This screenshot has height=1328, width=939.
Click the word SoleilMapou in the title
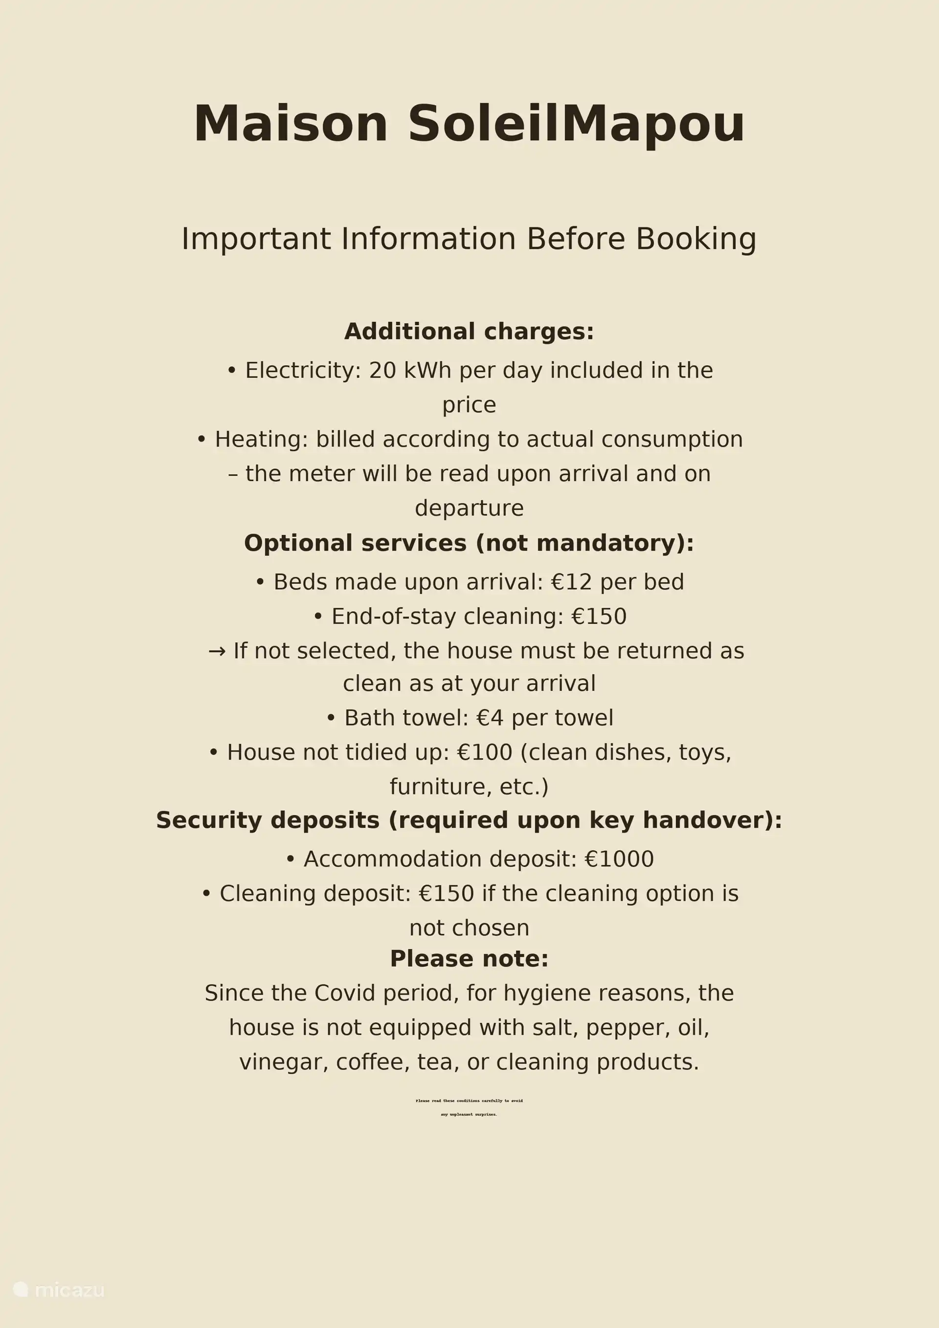pos(576,124)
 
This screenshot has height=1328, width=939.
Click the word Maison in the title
pos(291,124)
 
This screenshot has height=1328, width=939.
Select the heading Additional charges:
pos(469,332)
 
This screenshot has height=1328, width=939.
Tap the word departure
pos(469,508)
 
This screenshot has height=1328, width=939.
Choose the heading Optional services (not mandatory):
pos(469,543)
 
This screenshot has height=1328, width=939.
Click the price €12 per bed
pos(617,582)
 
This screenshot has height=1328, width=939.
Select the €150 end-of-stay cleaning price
pos(599,617)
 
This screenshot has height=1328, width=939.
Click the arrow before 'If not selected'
pos(217,651)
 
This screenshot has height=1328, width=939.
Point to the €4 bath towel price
pos(490,718)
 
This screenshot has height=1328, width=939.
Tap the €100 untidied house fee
pos(484,753)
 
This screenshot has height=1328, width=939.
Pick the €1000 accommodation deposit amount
pos(619,859)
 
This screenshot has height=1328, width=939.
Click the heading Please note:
pos(469,958)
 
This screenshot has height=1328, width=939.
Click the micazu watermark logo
pos(58,1290)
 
